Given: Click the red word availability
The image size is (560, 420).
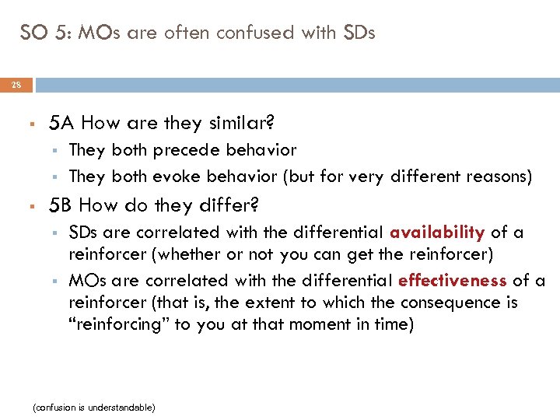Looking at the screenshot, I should pos(437,232).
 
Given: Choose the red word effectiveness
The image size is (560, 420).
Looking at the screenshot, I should pos(461,280).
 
